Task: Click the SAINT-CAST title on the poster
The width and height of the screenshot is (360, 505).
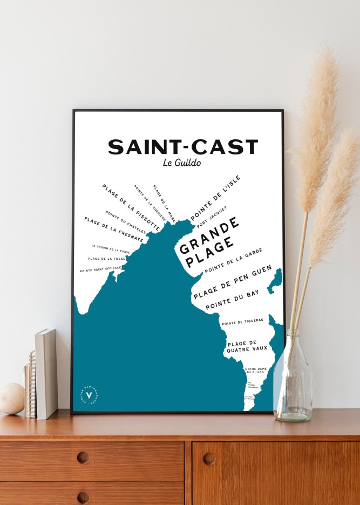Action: pyautogui.click(x=183, y=147)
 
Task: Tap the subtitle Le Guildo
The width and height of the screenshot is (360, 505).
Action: pyautogui.click(x=181, y=163)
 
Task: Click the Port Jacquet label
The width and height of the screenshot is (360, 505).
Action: pyautogui.click(x=211, y=217)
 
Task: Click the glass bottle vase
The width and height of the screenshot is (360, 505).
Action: pyautogui.click(x=293, y=378)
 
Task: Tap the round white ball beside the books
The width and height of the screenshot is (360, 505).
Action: pyautogui.click(x=11, y=398)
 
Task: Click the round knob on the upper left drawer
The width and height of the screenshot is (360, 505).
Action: pyautogui.click(x=83, y=457)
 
